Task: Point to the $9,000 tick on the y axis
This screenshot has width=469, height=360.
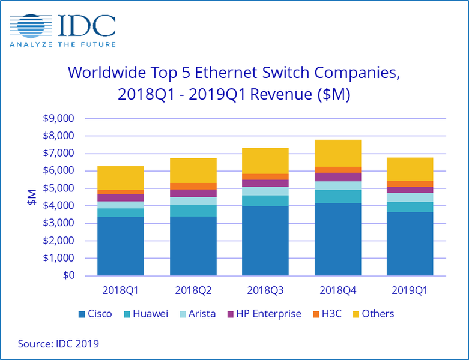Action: [59, 118]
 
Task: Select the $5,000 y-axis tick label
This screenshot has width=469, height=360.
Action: [59, 188]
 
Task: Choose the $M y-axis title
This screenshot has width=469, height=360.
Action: [32, 197]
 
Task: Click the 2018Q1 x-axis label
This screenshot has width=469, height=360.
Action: [121, 290]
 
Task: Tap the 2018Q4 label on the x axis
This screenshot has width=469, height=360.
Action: [337, 290]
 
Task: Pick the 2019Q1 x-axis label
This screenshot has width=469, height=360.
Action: [410, 290]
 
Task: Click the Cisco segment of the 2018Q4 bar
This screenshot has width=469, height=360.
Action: [337, 239]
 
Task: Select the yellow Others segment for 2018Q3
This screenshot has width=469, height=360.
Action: [265, 161]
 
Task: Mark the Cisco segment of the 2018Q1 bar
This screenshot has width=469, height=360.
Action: [121, 247]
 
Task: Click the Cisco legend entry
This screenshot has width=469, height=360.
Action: [94, 314]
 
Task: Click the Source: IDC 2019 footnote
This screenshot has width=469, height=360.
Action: [58, 344]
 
